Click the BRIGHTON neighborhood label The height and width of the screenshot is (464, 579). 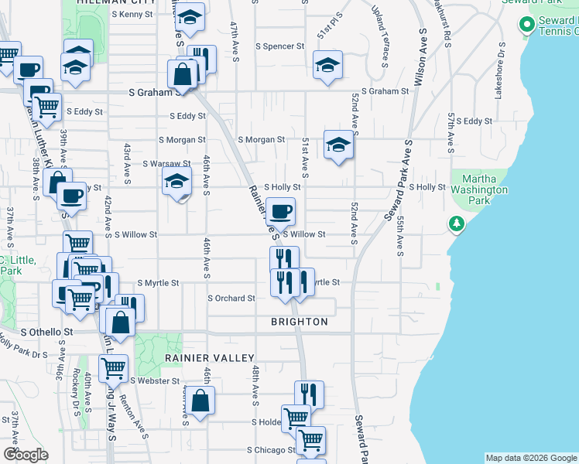point(300,322)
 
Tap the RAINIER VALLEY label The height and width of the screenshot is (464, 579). point(209,358)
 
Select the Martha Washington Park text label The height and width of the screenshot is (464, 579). point(480,189)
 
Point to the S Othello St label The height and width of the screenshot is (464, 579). point(46,332)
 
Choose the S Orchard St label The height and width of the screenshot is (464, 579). point(231,299)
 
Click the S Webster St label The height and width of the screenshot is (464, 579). point(155,380)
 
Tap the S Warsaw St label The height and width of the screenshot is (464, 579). point(166,164)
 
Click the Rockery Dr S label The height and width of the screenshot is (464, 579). point(76,399)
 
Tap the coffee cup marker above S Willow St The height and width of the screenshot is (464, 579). point(280,210)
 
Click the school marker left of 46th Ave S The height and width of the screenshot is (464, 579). point(176,183)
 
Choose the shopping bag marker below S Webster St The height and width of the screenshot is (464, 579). point(200,401)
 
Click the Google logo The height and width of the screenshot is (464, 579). point(26,455)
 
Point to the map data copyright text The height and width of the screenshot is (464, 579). point(530,459)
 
